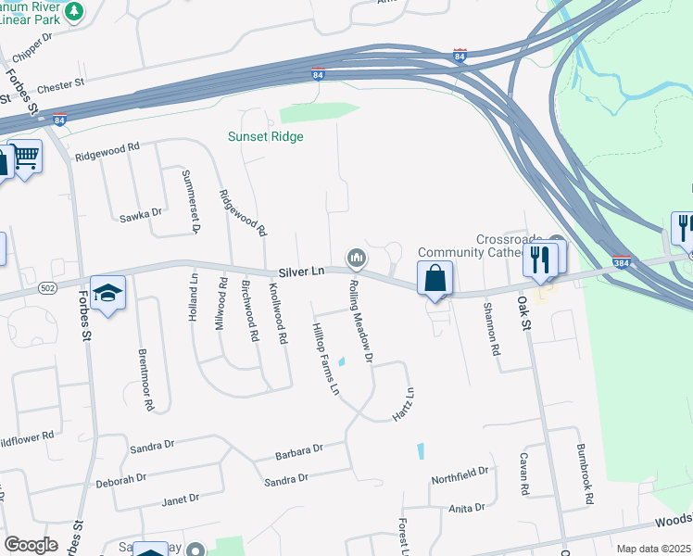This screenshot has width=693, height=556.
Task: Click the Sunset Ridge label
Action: pos(266,136)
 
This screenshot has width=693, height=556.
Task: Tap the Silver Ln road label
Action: pos(302,272)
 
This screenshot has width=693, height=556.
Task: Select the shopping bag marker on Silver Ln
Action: pos(435,279)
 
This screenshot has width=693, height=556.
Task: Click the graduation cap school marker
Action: pos(108,295)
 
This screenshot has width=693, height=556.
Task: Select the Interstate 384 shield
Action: pos(622,262)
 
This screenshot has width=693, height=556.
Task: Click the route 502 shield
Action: pos(47,289)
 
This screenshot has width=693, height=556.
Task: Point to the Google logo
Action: pos(31,545)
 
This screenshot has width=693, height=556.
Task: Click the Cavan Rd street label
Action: pos(523,474)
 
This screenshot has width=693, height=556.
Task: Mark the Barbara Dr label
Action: pos(298,452)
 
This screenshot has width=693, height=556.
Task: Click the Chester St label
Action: pos(61,87)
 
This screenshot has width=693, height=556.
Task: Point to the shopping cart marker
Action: pos(27,156)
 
